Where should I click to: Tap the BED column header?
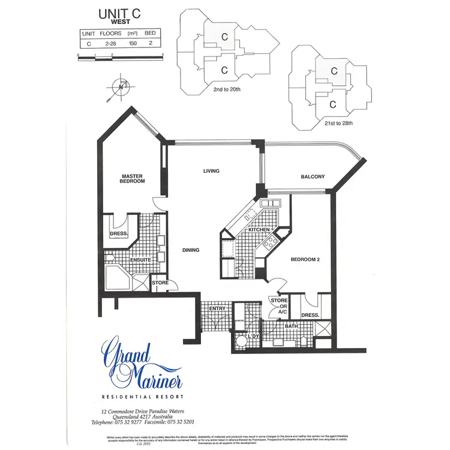150,34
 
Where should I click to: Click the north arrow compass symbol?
121,88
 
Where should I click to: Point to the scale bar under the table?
120,58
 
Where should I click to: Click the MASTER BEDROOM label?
131,178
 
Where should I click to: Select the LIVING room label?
211,171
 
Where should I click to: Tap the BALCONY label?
313,176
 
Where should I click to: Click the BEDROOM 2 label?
305,260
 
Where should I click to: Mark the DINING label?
191,250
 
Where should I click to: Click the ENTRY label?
217,308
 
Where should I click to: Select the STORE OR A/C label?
279,306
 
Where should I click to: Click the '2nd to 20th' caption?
227,89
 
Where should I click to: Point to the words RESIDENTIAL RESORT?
142,397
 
